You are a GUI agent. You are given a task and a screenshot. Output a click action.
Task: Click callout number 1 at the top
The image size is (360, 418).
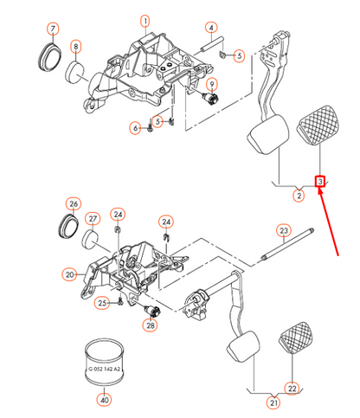click(x=145, y=21)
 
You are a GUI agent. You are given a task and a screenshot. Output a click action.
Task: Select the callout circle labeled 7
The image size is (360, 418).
click(x=53, y=29)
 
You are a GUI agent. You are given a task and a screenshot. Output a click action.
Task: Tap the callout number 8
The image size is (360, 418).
click(x=76, y=47)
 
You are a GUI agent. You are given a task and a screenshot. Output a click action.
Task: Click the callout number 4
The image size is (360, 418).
click(x=211, y=28)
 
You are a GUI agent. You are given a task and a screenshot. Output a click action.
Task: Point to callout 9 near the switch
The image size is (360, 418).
click(x=212, y=85)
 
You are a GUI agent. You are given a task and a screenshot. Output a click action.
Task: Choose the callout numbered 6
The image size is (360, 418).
click(x=135, y=128)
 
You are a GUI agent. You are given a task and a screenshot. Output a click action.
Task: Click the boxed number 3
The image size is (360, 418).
click(x=320, y=182)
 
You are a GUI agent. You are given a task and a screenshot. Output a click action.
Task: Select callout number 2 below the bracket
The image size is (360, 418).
click(x=299, y=196)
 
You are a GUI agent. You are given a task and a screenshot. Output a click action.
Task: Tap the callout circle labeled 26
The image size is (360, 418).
click(x=74, y=203)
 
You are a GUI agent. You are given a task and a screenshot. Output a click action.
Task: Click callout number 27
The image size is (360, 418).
click(x=93, y=219)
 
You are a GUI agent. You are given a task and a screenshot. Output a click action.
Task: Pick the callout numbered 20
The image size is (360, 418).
click(x=69, y=274)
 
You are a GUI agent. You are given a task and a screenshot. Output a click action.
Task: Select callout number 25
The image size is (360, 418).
click(x=102, y=303)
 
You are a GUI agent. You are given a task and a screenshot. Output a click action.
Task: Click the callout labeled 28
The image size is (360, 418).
click(x=151, y=325)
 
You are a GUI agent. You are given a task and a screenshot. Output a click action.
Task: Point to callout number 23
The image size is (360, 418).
click(x=284, y=230)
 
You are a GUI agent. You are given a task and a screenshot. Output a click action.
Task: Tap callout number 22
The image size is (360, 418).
click(x=292, y=389)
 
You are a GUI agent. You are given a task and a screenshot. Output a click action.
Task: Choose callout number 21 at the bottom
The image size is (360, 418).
click(x=273, y=402)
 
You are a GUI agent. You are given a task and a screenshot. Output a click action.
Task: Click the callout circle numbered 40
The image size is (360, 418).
click(x=105, y=400)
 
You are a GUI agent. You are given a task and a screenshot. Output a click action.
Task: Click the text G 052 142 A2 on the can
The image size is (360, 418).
click(x=105, y=369)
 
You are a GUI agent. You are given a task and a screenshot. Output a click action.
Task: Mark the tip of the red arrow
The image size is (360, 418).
click(x=319, y=188)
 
